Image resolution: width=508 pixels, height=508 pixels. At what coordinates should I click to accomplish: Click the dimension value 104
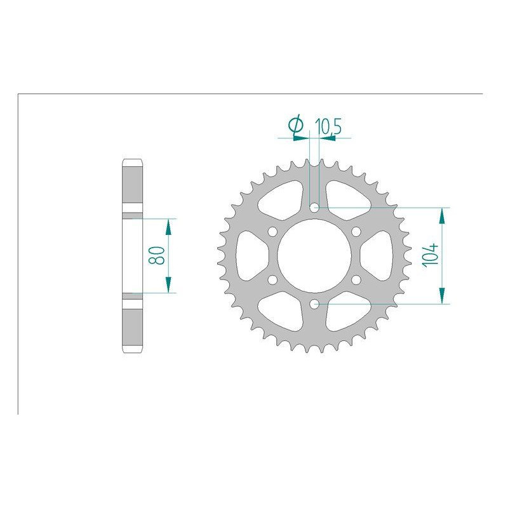point(432,256)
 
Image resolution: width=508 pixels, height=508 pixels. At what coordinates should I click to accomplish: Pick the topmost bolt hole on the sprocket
point(314,207)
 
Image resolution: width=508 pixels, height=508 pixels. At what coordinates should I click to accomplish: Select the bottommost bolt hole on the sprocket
point(314,305)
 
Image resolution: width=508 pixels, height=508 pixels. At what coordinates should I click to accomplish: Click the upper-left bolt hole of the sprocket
point(272,231)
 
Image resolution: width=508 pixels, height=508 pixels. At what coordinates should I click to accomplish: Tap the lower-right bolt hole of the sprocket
point(356,280)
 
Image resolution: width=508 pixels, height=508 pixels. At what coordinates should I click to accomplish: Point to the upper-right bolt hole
point(356,231)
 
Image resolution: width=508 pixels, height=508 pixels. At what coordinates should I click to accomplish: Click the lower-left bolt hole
point(272,280)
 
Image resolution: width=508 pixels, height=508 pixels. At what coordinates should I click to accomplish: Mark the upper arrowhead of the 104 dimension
point(441,215)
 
